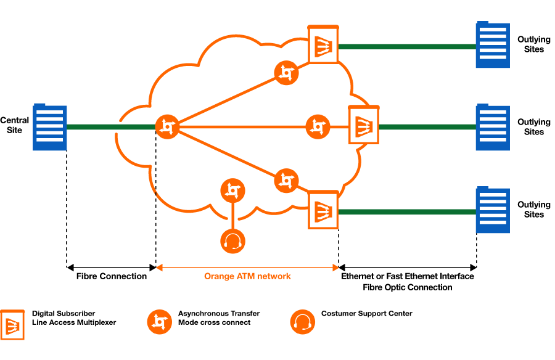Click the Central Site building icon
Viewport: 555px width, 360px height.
click(49, 127)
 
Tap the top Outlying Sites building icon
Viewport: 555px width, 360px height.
click(493, 44)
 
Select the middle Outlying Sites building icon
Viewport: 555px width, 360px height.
click(493, 127)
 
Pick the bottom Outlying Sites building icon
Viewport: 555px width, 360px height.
click(493, 210)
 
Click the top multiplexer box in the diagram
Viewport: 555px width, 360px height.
click(323, 44)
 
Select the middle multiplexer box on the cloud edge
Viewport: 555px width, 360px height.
click(364, 125)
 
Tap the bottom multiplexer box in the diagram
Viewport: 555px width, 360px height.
click(323, 210)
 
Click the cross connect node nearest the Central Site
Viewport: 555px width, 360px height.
click(167, 127)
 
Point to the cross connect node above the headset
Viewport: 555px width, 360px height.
click(232, 190)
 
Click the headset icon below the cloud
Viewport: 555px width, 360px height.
click(232, 242)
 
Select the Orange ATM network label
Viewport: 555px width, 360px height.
click(247, 276)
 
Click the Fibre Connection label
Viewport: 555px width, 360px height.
click(112, 276)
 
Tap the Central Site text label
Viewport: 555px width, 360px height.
click(15, 125)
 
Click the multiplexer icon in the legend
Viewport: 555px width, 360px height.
click(12, 325)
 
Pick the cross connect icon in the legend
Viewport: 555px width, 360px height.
click(160, 322)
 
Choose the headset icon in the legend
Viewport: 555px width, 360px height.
click(303, 322)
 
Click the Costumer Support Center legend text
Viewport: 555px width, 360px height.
click(367, 313)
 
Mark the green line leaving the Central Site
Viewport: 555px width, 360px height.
click(111, 127)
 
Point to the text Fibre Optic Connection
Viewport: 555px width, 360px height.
click(408, 287)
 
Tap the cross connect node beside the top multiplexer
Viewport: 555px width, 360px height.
click(286, 73)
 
